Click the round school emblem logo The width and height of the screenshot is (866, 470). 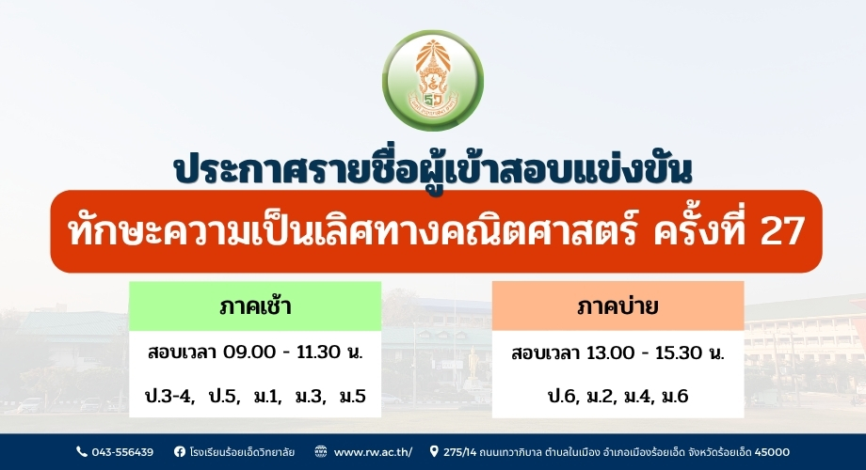tap(433, 81)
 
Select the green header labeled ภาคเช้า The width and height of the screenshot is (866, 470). tap(255, 306)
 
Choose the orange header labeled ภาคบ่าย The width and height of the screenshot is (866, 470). tap(618, 306)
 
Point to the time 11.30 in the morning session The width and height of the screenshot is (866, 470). tap(319, 352)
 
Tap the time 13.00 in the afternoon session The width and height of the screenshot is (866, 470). tap(611, 352)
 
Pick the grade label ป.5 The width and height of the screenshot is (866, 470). tap(224, 396)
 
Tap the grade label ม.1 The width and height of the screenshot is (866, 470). tap(268, 396)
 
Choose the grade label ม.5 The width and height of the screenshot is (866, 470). tap(352, 396)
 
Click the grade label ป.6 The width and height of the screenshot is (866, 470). tap(563, 396)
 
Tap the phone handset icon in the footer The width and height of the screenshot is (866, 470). tap(82, 452)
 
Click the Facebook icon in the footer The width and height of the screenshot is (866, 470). tap(180, 452)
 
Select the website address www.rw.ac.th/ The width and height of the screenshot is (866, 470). tap(373, 452)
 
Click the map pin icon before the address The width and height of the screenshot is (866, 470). tap(434, 452)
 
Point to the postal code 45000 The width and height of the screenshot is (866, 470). tap(772, 452)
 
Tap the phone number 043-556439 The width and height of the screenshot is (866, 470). tap(122, 452)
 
